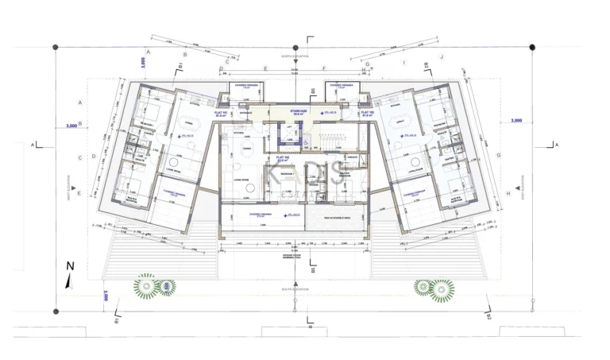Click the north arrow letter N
click(x=70, y=267)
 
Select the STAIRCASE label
click(x=299, y=111)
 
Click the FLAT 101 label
click(x=222, y=113)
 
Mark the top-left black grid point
click(x=55, y=48)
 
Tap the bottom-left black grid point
click(x=55, y=312)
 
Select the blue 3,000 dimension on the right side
click(x=516, y=120)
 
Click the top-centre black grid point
click(x=295, y=48)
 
